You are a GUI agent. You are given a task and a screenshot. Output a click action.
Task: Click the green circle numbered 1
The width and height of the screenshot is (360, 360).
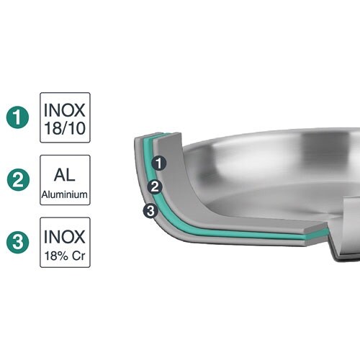pos(17,117)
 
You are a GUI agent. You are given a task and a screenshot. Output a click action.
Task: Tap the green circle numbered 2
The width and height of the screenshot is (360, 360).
pos(18,179)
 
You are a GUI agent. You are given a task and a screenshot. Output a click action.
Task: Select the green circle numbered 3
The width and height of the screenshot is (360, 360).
pos(18,242)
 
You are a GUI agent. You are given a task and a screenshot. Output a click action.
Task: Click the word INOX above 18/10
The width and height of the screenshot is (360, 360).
pos(65,110)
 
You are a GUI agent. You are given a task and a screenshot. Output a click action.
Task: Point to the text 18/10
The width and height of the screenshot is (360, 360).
pos(65,128)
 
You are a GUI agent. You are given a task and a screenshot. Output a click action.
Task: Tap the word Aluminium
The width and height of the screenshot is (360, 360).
pos(65,194)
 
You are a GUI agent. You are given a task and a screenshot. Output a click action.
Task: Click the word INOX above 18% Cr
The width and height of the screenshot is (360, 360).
pos(65,237)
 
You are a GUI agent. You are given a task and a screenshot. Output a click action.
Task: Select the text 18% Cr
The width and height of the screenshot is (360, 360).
pos(65,256)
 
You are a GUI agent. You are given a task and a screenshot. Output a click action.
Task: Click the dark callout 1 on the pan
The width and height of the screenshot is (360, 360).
pos(159,163)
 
